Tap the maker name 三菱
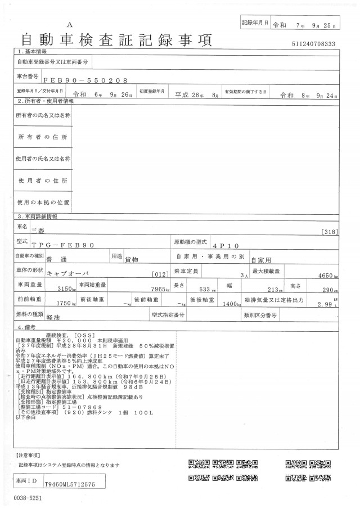click(x=51, y=230)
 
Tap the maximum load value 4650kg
click(x=330, y=276)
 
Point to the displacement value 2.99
click(x=325, y=304)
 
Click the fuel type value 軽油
click(x=53, y=318)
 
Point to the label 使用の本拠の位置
click(x=43, y=202)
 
